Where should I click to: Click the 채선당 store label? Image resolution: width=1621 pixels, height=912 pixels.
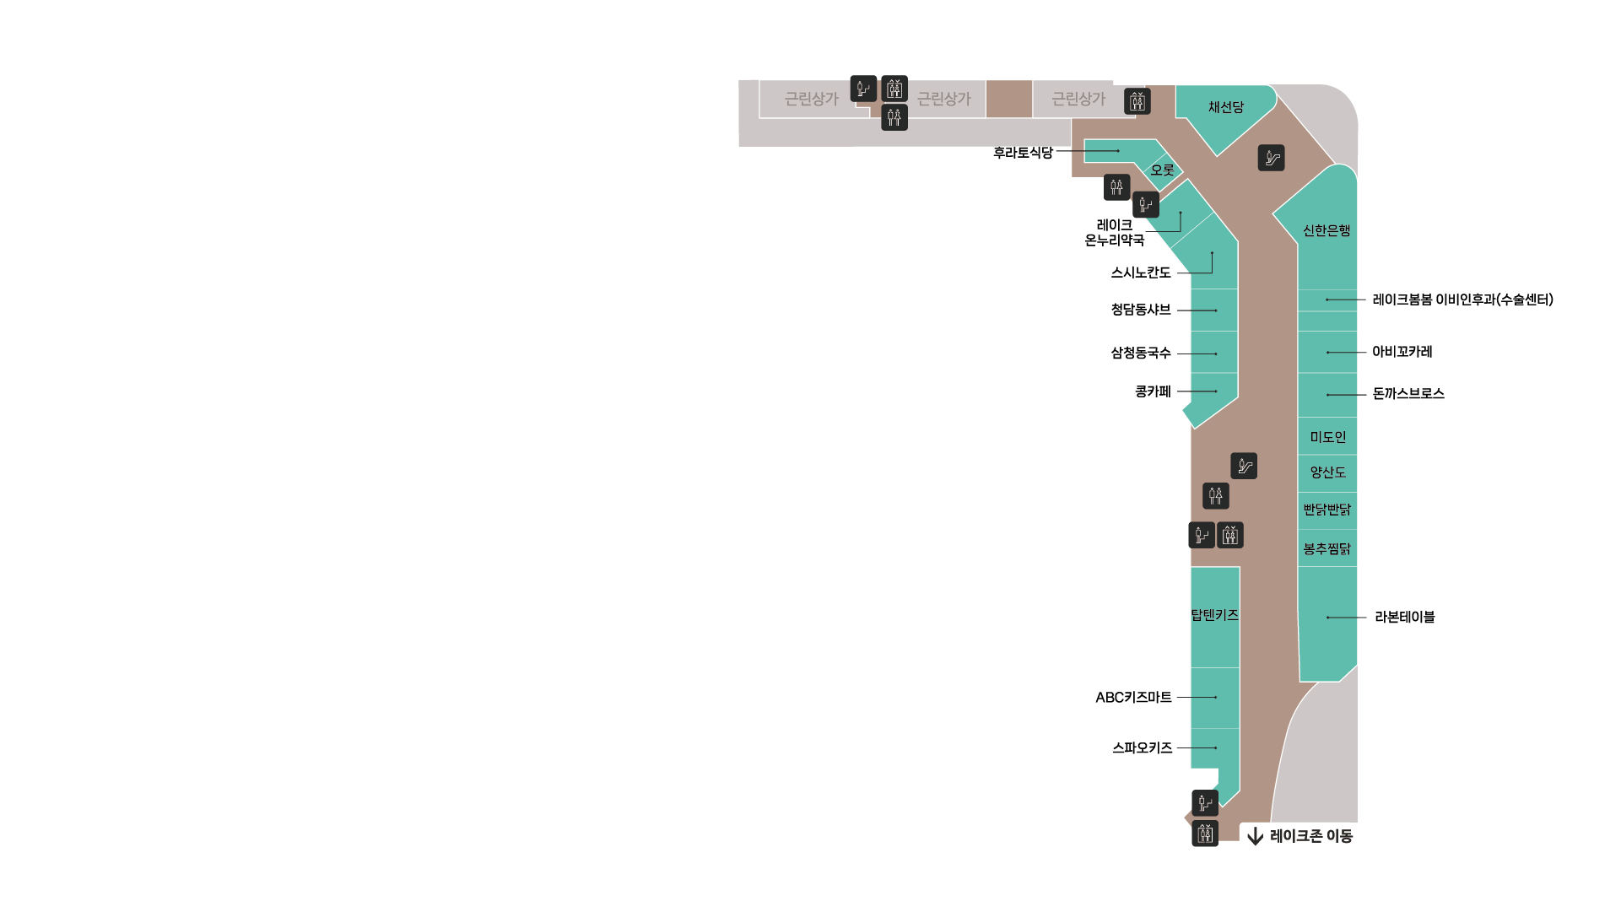pyautogui.click(x=1225, y=107)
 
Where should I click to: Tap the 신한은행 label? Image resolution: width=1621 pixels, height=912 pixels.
pyautogui.click(x=1327, y=230)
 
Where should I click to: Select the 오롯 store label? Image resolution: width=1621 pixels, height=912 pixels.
pyautogui.click(x=1162, y=170)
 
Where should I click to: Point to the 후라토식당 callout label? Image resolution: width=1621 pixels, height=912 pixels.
pyautogui.click(x=1023, y=153)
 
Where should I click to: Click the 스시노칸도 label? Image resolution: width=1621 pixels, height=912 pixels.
pyautogui.click(x=1141, y=273)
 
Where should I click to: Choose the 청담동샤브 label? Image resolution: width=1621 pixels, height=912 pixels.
pyautogui.click(x=1141, y=310)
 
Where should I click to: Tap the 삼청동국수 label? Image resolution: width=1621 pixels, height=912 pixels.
pyautogui.click(x=1141, y=353)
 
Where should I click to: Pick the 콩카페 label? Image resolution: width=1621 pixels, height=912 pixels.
pyautogui.click(x=1153, y=391)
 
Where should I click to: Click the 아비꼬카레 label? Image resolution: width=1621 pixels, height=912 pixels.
pyautogui.click(x=1402, y=352)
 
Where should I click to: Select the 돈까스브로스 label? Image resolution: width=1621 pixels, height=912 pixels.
pyautogui.click(x=1408, y=393)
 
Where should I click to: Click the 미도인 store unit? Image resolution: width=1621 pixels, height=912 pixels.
pyautogui.click(x=1327, y=436)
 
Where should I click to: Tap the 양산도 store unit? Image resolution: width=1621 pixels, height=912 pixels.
pyautogui.click(x=1327, y=473)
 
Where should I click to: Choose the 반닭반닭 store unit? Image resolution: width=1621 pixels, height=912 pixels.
pyautogui.click(x=1327, y=510)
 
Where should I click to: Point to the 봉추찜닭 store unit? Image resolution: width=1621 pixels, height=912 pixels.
pyautogui.click(x=1327, y=548)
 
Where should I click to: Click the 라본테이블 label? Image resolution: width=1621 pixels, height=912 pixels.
pyautogui.click(x=1405, y=617)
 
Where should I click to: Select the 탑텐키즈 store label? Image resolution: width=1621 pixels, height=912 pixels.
pyautogui.click(x=1215, y=615)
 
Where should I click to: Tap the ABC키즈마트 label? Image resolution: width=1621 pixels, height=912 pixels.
pyautogui.click(x=1133, y=698)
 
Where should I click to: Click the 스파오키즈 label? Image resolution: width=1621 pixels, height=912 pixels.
pyautogui.click(x=1142, y=747)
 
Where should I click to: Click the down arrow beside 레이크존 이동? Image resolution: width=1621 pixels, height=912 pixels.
pyautogui.click(x=1255, y=836)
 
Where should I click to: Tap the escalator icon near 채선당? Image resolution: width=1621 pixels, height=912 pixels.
pyautogui.click(x=1271, y=158)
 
